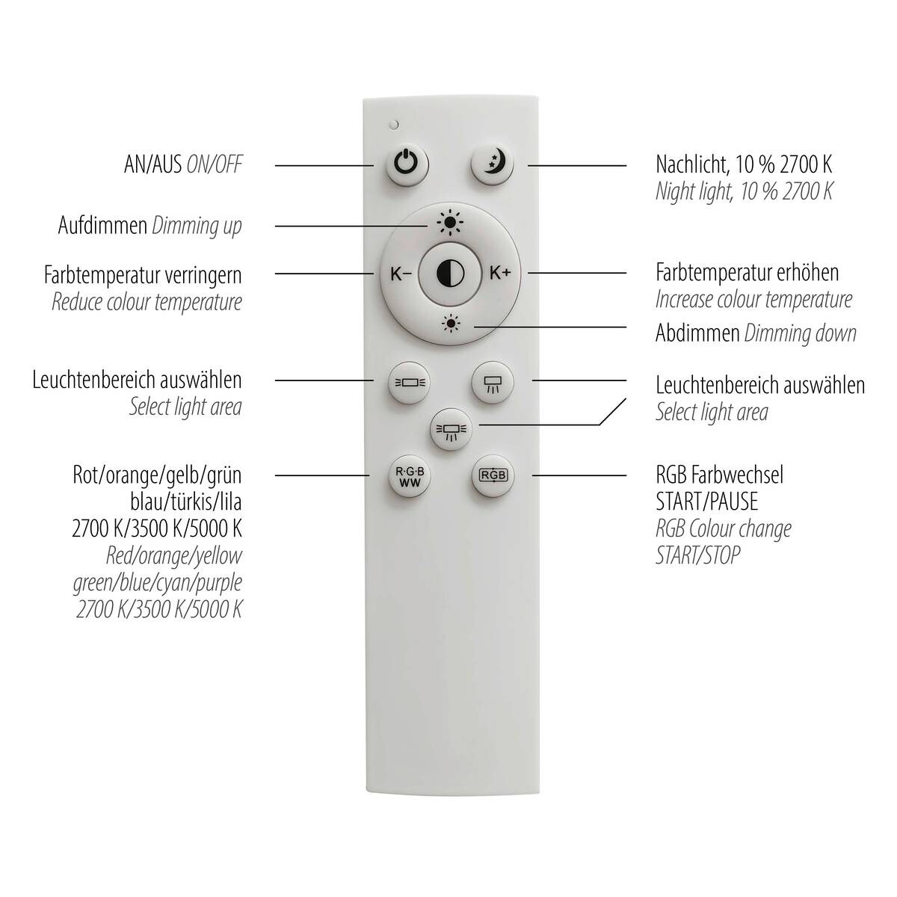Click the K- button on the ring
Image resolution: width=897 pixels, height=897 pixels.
click(x=401, y=274)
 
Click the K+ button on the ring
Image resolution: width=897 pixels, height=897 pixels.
click(x=500, y=273)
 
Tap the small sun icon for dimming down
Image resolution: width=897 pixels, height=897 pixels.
click(x=450, y=324)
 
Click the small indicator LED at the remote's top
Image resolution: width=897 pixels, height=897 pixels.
click(x=393, y=125)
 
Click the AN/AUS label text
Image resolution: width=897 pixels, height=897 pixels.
click(x=152, y=164)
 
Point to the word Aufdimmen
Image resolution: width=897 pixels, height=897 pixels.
click(x=102, y=225)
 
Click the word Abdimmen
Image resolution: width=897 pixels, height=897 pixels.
click(x=697, y=333)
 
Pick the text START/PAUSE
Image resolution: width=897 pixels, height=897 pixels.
click(x=706, y=501)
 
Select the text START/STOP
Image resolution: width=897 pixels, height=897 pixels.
click(x=698, y=555)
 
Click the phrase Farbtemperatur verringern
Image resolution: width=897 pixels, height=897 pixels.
click(x=143, y=274)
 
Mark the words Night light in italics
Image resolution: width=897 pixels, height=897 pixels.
click(x=692, y=191)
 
